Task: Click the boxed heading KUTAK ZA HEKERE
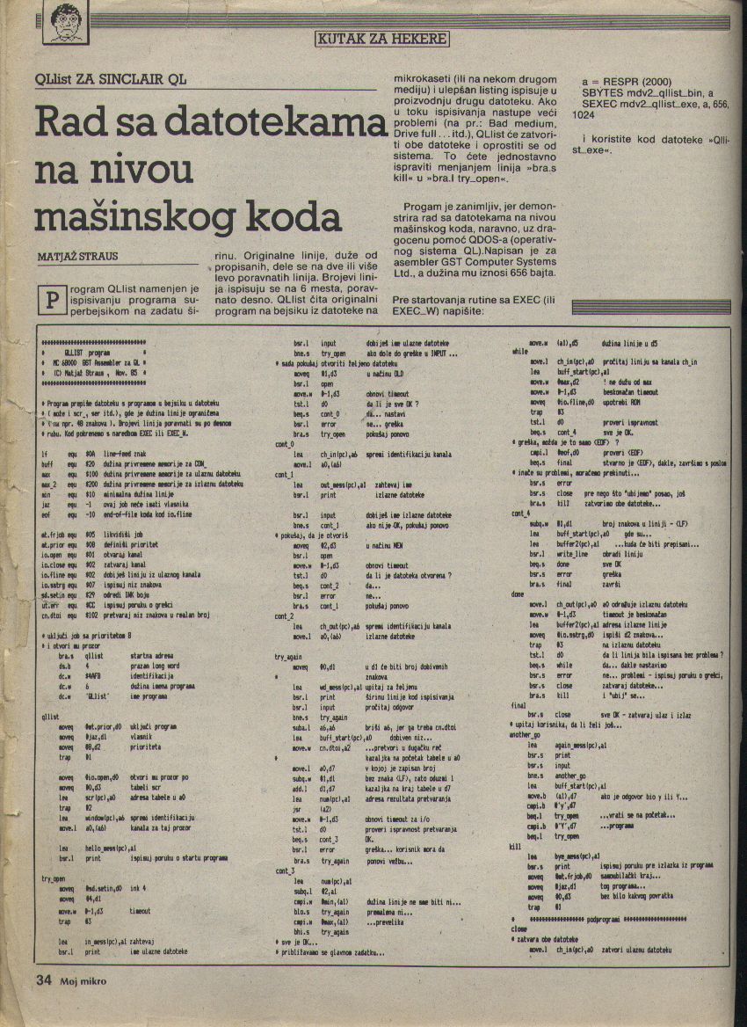(381, 39)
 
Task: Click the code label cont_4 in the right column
(520, 513)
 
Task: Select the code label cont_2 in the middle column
(284, 616)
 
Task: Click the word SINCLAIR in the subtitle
(134, 78)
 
